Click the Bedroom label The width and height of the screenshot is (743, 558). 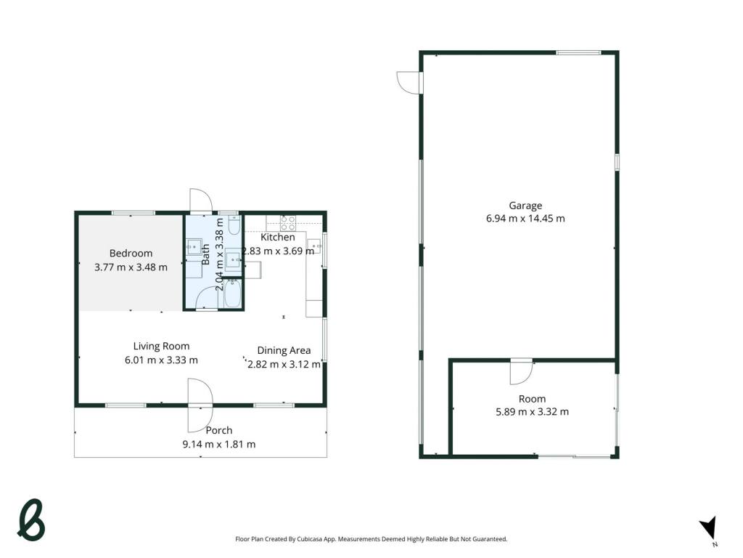(131, 254)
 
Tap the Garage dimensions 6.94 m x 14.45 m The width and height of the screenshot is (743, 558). (525, 219)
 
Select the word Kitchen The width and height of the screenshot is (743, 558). (278, 238)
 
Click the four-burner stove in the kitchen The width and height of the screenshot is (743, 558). (287, 223)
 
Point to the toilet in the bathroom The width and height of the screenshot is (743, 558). (234, 225)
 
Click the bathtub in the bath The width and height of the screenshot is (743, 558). (232, 294)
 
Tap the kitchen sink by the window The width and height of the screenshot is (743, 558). (314, 246)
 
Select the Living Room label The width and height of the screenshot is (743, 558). (161, 347)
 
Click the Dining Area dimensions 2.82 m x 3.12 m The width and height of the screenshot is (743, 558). (284, 365)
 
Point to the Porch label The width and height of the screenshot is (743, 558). (219, 430)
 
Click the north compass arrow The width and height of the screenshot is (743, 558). (709, 527)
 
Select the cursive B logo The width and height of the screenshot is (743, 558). (30, 520)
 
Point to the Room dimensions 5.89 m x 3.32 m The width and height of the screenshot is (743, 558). (532, 412)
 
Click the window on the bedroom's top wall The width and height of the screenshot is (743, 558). (134, 213)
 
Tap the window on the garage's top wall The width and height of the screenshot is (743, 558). (578, 52)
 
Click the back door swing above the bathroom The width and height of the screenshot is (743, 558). (200, 201)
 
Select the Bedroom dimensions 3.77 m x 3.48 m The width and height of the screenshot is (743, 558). (131, 267)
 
